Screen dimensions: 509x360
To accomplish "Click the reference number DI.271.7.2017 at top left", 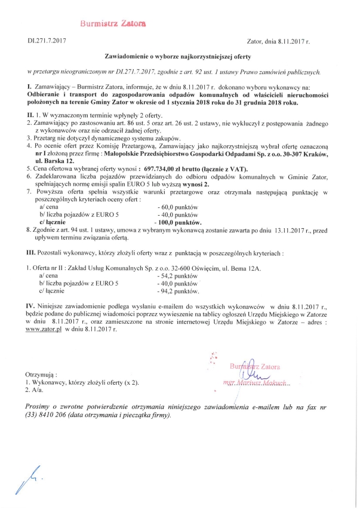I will coord(47,41).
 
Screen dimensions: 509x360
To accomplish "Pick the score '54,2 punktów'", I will coord(177,277).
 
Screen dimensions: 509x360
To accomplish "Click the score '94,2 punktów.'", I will coord(179,291).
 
